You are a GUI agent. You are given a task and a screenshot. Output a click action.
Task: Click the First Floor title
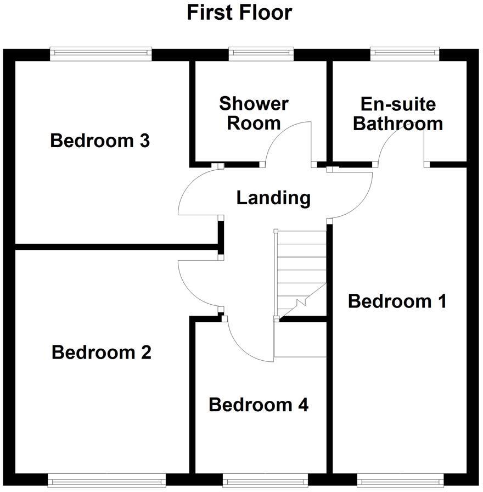click(239, 12)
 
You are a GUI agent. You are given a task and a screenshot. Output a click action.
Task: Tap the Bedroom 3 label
click(100, 141)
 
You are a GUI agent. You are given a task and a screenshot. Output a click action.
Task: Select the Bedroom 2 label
click(102, 352)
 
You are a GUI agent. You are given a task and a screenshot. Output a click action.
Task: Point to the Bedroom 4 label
click(259, 405)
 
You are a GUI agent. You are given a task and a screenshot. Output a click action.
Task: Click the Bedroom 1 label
click(397, 301)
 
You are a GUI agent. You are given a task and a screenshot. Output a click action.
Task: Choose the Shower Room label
click(254, 113)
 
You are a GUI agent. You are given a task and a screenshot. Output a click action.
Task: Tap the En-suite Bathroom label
click(398, 114)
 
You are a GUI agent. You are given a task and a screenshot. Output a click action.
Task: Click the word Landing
click(273, 198)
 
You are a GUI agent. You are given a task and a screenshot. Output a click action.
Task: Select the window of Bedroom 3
click(100, 53)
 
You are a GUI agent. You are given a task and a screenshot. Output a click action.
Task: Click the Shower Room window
click(261, 53)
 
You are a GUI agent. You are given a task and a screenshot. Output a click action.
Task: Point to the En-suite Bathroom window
click(405, 53)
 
